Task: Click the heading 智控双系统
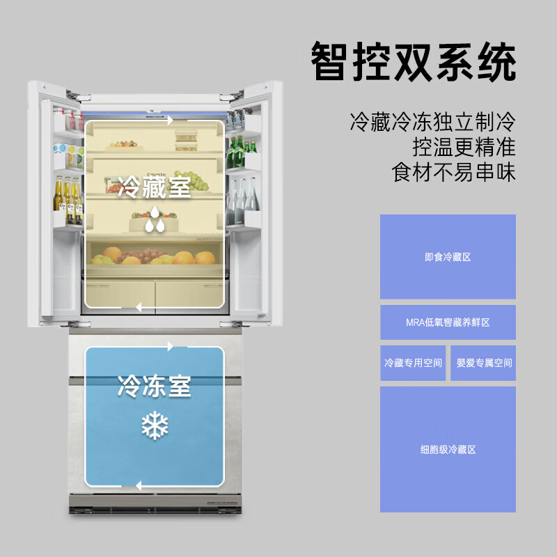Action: coord(414,62)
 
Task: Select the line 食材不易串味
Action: coord(453,171)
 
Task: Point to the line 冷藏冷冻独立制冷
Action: coord(433,123)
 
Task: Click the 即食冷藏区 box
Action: coord(448,257)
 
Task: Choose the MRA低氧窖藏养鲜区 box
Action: coord(448,322)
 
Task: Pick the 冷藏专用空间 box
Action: coord(413,363)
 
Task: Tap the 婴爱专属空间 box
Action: coord(484,363)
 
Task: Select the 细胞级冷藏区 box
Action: coord(448,450)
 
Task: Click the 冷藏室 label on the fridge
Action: coord(154,187)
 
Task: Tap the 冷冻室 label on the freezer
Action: coord(154,386)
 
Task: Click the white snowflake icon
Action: coord(155,425)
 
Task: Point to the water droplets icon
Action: coord(155,223)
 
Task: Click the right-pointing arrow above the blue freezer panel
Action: coord(170,346)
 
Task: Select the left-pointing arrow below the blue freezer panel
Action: coord(139,486)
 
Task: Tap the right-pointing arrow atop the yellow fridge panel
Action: coord(170,120)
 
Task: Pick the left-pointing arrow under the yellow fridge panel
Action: coord(139,306)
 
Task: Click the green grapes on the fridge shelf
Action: coord(198,183)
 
